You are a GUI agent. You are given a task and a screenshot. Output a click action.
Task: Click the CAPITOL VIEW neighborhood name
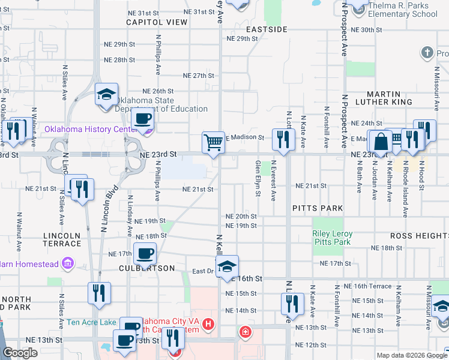[x=157, y=22]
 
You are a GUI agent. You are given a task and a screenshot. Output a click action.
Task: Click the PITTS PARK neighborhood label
[x=318, y=208]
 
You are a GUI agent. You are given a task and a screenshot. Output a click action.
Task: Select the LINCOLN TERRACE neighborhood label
[x=62, y=239]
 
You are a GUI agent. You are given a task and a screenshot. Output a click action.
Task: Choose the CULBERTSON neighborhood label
[x=146, y=268]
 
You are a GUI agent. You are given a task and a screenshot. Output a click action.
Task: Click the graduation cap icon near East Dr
[x=228, y=266]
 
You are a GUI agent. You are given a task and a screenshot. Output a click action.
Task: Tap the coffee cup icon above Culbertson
[x=144, y=254]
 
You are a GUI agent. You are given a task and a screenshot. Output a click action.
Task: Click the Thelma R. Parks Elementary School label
[x=402, y=10]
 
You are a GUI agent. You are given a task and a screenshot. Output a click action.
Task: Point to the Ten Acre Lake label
[x=91, y=322]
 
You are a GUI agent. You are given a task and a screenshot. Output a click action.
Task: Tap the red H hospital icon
[x=208, y=325]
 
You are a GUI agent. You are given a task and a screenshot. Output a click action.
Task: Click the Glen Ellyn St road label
[x=258, y=178]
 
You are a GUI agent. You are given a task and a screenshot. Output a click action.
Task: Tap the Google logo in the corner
[x=20, y=353]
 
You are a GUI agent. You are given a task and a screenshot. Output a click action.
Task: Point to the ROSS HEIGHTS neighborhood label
[x=419, y=236]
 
